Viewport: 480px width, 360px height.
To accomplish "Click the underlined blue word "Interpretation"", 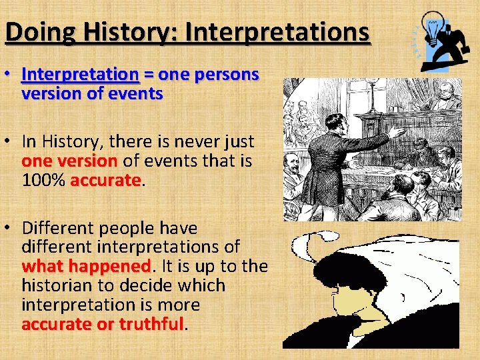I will coord(79,75).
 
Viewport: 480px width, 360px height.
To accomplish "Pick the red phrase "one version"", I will coord(69,161).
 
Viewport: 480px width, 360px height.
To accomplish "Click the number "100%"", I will coord(43,181).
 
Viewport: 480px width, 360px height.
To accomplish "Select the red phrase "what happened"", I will coord(86,267).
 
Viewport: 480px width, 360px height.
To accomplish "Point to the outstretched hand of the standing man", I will coord(397,133).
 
